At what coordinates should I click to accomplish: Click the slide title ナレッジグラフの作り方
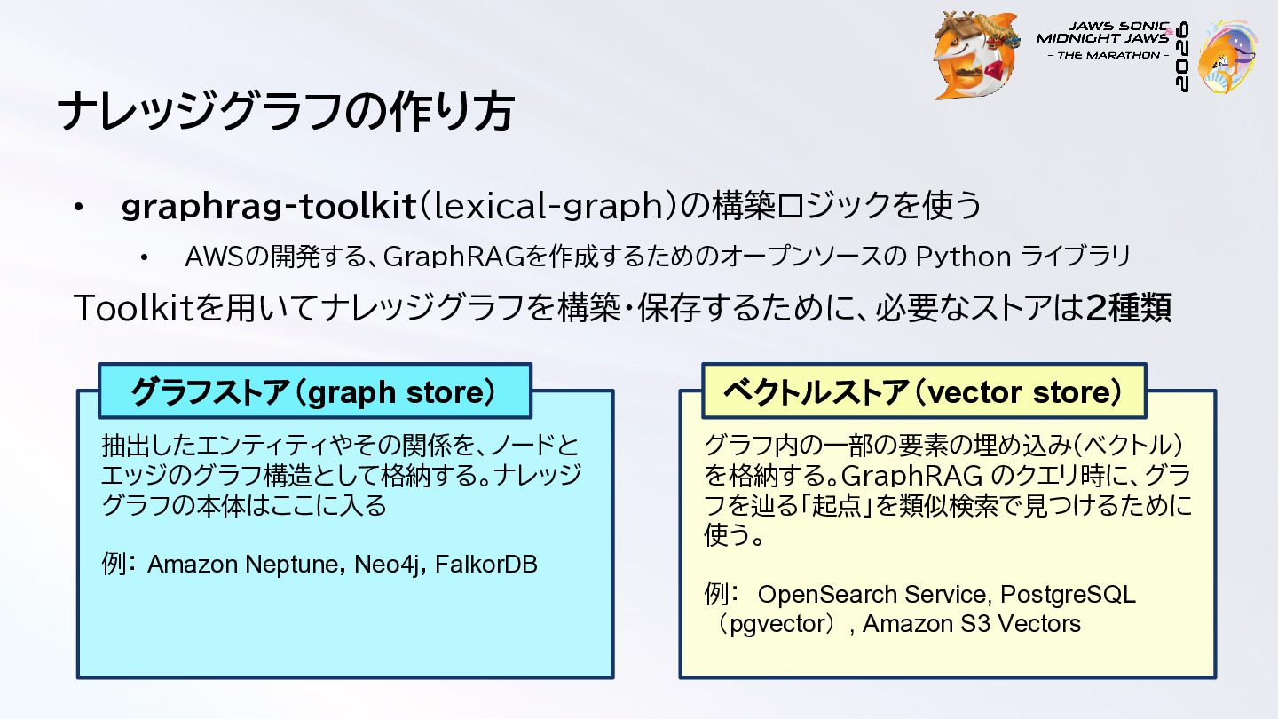point(286,111)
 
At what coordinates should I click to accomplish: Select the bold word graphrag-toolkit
point(268,206)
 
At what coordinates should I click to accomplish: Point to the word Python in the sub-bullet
point(964,257)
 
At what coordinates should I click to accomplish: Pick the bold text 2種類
point(1129,307)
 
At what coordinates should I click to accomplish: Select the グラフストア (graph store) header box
point(315,391)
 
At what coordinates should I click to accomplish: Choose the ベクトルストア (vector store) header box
point(924,391)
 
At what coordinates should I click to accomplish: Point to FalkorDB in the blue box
point(486,565)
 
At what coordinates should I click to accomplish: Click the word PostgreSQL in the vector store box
point(1068,595)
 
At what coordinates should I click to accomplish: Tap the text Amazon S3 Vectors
point(972,624)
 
